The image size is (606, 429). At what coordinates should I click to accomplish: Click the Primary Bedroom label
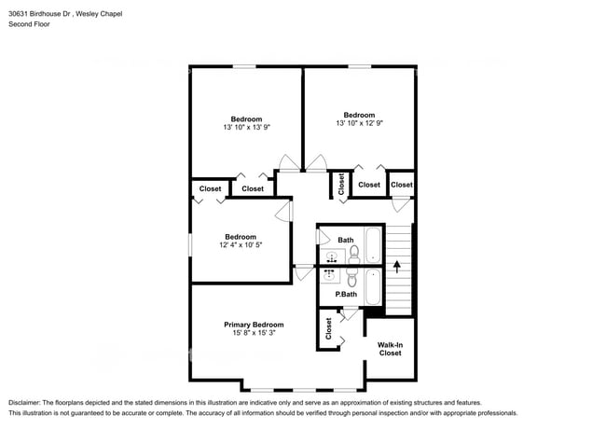tap(254, 325)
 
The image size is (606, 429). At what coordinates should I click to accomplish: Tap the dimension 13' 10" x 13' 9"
tap(246, 127)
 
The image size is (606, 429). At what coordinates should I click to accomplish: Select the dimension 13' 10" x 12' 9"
tap(360, 123)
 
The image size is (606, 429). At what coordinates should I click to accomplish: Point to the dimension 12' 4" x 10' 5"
tap(241, 244)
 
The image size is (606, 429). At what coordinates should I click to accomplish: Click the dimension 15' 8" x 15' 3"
tap(254, 333)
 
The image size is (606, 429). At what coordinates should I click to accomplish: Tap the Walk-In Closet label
tap(390, 349)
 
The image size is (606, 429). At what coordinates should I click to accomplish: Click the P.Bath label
tap(346, 294)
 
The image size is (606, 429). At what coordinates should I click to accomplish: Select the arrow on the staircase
tap(396, 267)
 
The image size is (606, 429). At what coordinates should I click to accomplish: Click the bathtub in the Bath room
tap(373, 245)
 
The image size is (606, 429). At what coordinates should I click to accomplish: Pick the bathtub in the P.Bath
tap(373, 286)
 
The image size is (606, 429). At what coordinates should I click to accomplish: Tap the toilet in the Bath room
tap(354, 255)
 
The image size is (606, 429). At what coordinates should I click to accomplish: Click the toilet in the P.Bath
tap(351, 277)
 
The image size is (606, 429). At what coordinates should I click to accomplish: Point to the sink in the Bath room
tap(331, 256)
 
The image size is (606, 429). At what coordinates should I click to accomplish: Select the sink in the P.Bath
tap(329, 274)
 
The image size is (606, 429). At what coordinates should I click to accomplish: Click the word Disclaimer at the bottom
tap(24, 403)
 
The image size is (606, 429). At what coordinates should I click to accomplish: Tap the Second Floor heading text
tap(30, 24)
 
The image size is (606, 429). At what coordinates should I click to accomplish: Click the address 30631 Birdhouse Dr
tap(39, 14)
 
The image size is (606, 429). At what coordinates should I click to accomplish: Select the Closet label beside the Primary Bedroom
tap(328, 328)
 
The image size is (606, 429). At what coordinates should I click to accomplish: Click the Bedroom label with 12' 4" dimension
tap(241, 237)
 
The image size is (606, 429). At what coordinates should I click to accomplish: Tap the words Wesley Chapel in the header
tap(99, 14)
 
